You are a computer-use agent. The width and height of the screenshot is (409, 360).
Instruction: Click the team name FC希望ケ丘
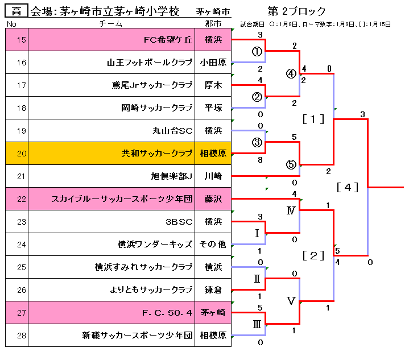(x=168, y=40)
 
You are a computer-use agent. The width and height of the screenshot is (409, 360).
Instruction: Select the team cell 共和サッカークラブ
(x=157, y=154)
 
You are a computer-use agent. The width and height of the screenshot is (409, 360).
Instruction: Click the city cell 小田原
(x=213, y=63)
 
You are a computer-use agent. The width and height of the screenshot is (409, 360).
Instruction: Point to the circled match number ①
(x=257, y=51)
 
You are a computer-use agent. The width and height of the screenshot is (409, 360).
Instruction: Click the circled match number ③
(x=257, y=142)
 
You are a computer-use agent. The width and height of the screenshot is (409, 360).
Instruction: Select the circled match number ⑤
(x=291, y=164)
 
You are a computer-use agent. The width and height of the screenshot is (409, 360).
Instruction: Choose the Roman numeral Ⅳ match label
(x=291, y=210)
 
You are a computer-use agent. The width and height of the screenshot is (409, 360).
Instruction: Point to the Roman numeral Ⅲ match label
(x=257, y=324)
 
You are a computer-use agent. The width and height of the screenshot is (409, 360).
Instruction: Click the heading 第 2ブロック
(x=296, y=11)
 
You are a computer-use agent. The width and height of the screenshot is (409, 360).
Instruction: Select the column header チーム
(x=110, y=24)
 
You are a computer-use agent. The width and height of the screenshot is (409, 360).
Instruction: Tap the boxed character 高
(x=16, y=11)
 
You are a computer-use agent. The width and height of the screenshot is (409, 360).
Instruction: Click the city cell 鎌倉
(x=213, y=290)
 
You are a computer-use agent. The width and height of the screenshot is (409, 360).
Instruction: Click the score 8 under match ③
(x=260, y=160)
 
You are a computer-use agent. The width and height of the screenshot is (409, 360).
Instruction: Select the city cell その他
(x=213, y=245)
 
